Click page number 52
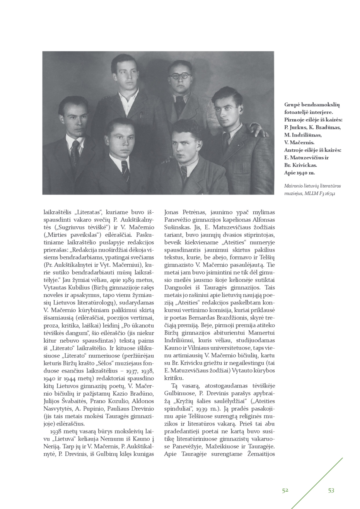coord(285,490)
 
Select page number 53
coord(331,490)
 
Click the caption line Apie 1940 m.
coord(299,173)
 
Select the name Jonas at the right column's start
coord(172,212)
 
